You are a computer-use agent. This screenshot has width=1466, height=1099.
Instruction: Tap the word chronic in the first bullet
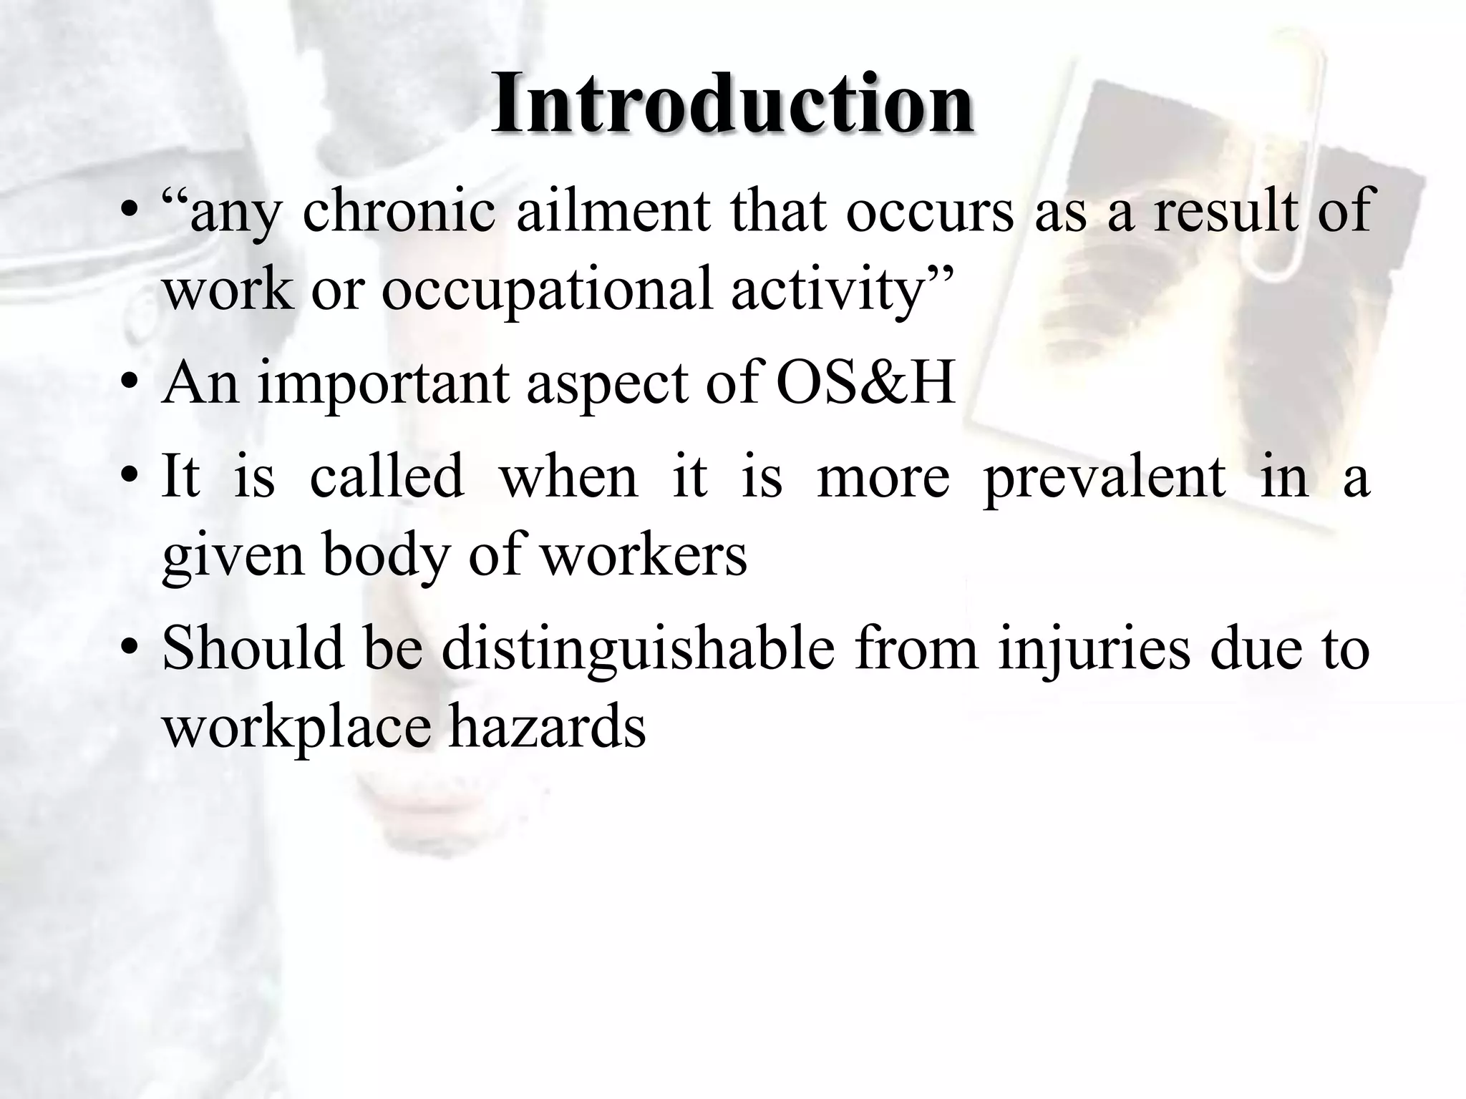(x=399, y=212)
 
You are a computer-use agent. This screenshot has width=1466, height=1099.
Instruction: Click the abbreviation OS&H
(x=865, y=383)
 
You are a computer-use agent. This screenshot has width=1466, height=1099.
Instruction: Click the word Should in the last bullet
(x=253, y=648)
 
